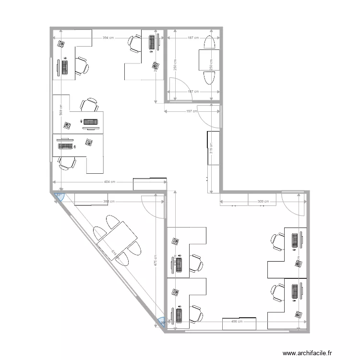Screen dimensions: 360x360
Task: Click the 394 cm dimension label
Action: coord(108,38)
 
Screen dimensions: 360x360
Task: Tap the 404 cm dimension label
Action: coord(109,182)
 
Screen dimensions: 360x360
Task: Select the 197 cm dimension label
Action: coord(192,111)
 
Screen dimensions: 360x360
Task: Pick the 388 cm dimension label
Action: coord(108,202)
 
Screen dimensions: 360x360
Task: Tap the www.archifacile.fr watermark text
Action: coord(307,353)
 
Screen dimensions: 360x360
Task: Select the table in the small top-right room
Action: coord(210,60)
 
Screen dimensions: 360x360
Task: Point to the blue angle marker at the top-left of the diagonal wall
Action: coord(59,196)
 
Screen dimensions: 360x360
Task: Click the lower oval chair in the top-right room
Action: coord(210,77)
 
